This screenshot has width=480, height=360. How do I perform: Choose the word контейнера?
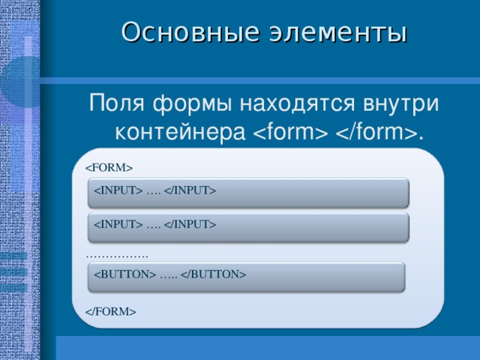[x=179, y=132]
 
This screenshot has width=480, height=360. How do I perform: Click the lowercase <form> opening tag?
[x=289, y=132]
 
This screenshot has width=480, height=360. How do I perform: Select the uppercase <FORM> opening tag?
[x=109, y=166]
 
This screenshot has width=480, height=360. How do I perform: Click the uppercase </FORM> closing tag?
[x=110, y=310]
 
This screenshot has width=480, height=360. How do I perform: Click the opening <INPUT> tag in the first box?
[x=118, y=190]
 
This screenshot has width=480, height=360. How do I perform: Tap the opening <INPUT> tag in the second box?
[x=118, y=224]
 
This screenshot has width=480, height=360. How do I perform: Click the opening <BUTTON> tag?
[x=124, y=274]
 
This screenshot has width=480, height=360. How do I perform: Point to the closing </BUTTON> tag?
[x=214, y=274]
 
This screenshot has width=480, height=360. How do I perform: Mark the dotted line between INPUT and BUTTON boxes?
[x=117, y=256]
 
